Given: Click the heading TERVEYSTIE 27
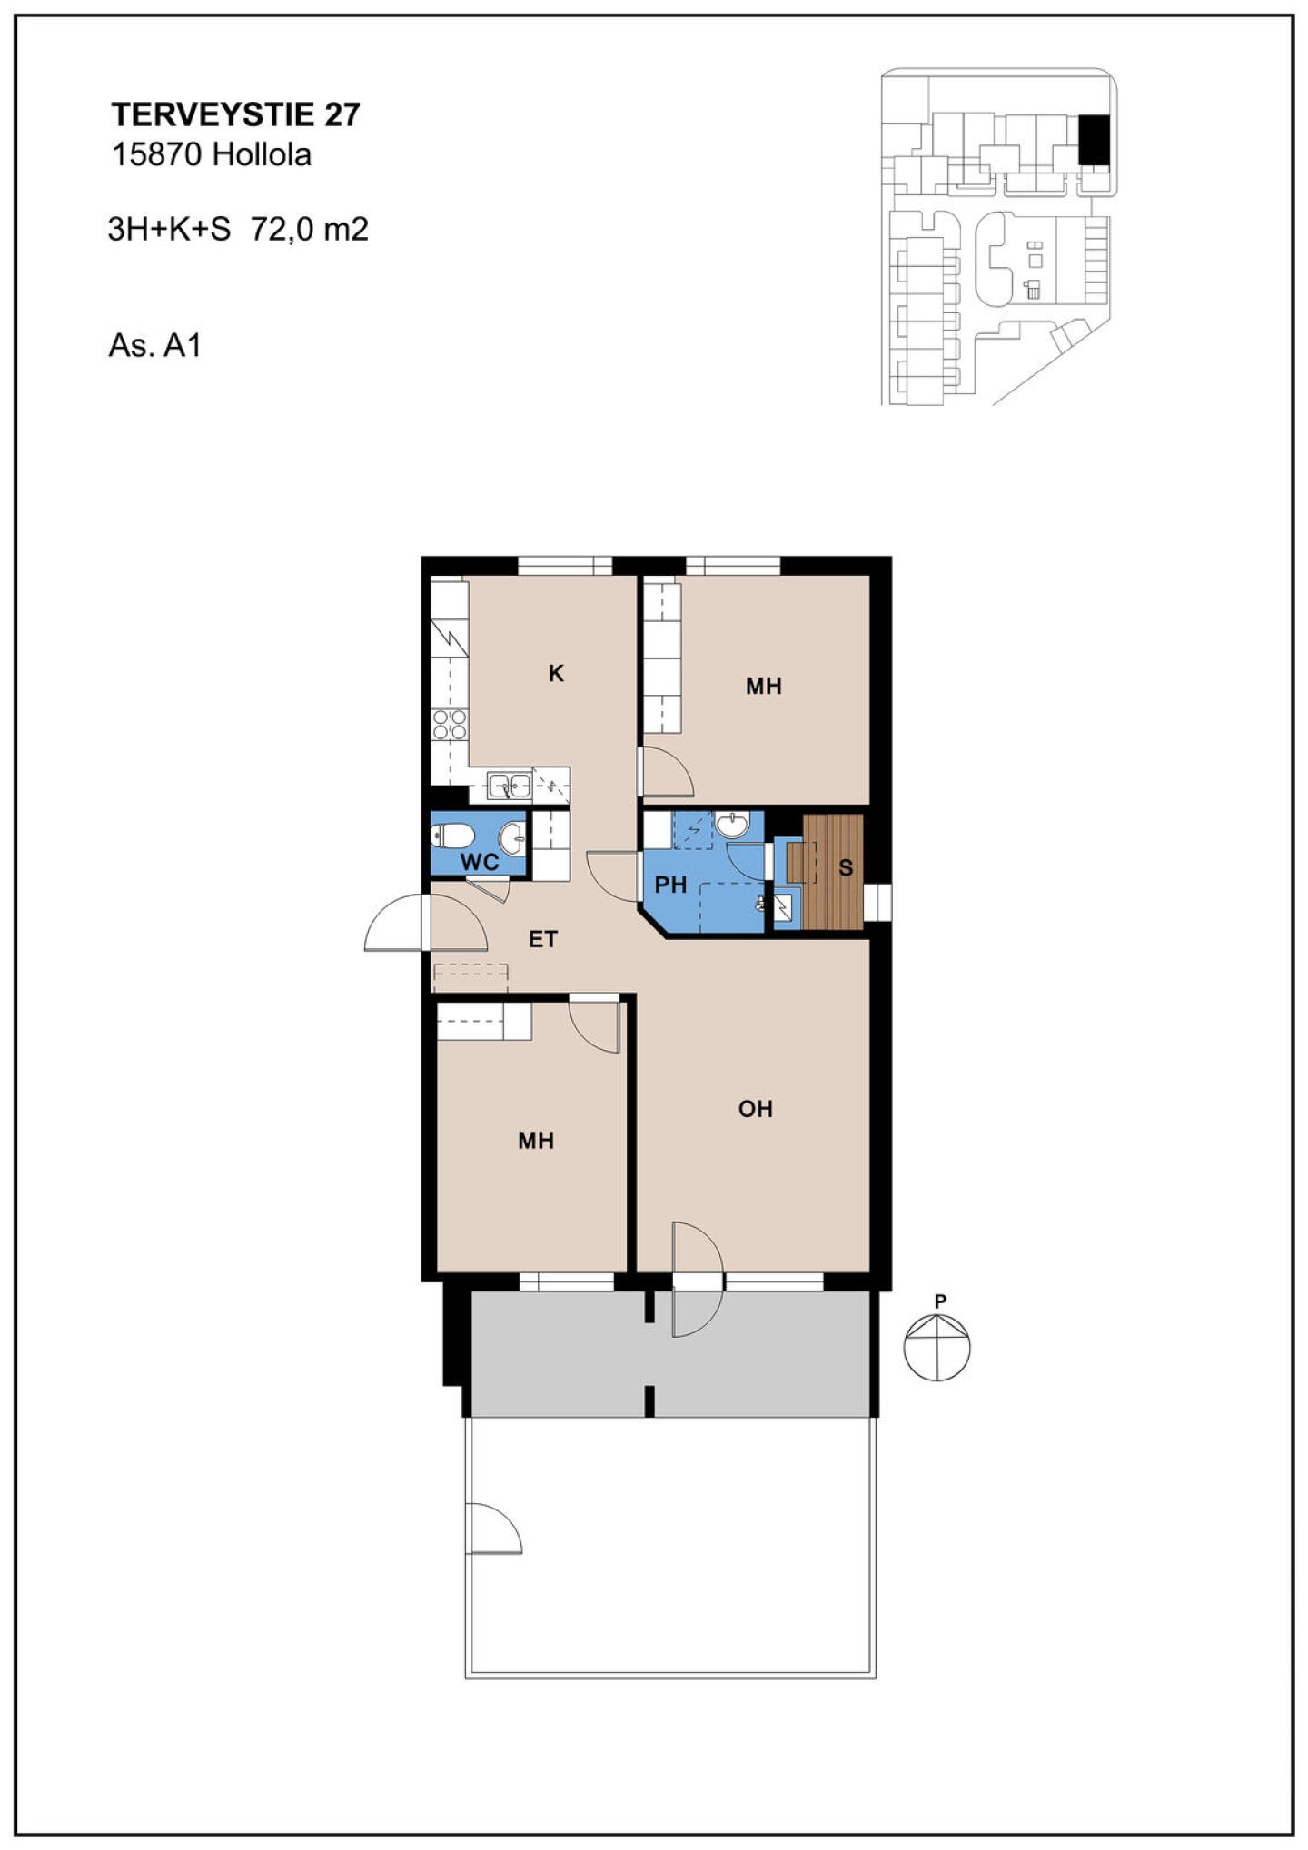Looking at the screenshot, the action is coord(235,114).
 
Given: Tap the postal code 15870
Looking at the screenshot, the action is coord(156,155).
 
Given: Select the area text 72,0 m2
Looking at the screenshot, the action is coord(310,229).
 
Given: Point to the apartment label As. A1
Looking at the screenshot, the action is coord(154,346).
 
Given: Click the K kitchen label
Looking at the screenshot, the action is coord(556,673).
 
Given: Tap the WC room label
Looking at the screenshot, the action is coord(480,862).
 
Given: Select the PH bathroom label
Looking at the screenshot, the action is coord(670,885).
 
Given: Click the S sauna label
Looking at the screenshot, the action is coord(846,868).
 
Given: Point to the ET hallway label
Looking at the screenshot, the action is coord(543,939).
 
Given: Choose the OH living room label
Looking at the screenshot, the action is coord(755,1109).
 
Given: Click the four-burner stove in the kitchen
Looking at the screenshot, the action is coord(450,725).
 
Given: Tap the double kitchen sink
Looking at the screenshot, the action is coord(509,784).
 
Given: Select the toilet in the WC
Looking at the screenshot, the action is coord(451,835).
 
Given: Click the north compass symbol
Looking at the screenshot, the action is coord(936,1348).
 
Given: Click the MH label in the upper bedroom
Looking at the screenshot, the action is coord(763,687).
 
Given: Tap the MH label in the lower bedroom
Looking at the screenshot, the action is coord(536,1141).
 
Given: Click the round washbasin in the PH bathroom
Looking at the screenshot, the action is coord(731,825).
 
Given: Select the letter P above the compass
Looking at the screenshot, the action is coord(940,1301).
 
